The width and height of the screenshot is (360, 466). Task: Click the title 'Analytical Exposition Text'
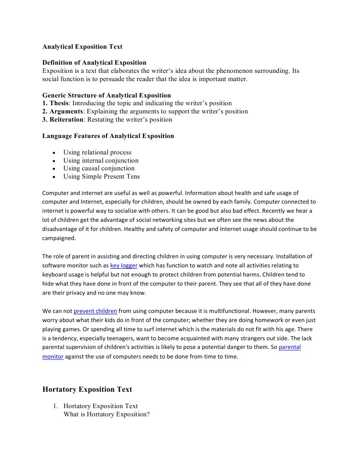[82, 46]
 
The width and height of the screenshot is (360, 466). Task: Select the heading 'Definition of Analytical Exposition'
[94, 62]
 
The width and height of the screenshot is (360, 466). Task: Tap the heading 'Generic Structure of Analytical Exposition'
[106, 95]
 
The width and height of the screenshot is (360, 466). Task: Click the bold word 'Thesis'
[59, 103]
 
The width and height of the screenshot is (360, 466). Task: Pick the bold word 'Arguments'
[66, 112]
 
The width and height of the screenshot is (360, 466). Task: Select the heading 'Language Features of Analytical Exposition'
[108, 136]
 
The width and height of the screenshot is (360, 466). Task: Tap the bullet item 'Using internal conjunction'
[101, 160]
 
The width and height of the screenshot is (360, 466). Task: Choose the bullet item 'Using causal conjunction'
[99, 169]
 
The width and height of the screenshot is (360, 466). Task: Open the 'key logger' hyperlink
[124, 265]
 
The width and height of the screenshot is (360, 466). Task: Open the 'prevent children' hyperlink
[95, 312]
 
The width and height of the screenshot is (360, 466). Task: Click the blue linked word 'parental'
[289, 347]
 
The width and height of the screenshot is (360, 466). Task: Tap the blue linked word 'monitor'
[53, 357]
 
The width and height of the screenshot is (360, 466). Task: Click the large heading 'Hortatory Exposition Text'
[87, 389]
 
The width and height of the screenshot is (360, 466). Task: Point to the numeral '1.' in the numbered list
[56, 406]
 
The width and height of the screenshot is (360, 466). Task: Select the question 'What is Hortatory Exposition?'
[106, 415]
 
